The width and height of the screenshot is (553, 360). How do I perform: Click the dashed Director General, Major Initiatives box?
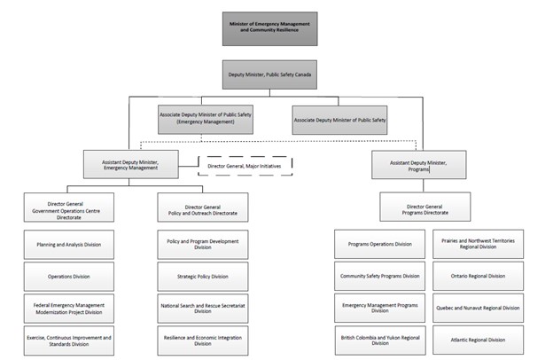[x=245, y=164]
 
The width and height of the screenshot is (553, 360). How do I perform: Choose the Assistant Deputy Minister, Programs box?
[x=419, y=164]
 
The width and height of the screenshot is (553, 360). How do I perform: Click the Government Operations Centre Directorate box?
[x=68, y=207]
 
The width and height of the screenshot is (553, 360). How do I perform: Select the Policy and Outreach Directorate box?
[x=203, y=207]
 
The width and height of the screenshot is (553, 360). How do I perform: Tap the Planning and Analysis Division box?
[x=68, y=244]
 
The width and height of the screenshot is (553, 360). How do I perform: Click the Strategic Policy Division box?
[x=203, y=276]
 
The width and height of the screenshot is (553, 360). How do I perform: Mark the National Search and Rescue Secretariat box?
[x=203, y=308]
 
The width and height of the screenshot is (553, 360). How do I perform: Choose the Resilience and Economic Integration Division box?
[x=203, y=340]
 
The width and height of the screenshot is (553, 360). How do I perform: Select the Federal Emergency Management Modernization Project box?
[x=68, y=308]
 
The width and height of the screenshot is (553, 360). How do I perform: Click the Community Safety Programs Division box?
[x=379, y=276]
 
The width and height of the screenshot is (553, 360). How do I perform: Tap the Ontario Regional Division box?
[x=479, y=276]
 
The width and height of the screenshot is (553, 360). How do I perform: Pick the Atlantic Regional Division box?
[x=479, y=340]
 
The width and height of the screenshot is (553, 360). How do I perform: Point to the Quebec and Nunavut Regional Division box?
[x=479, y=308]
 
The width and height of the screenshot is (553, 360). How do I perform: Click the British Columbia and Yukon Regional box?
[x=379, y=340]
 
